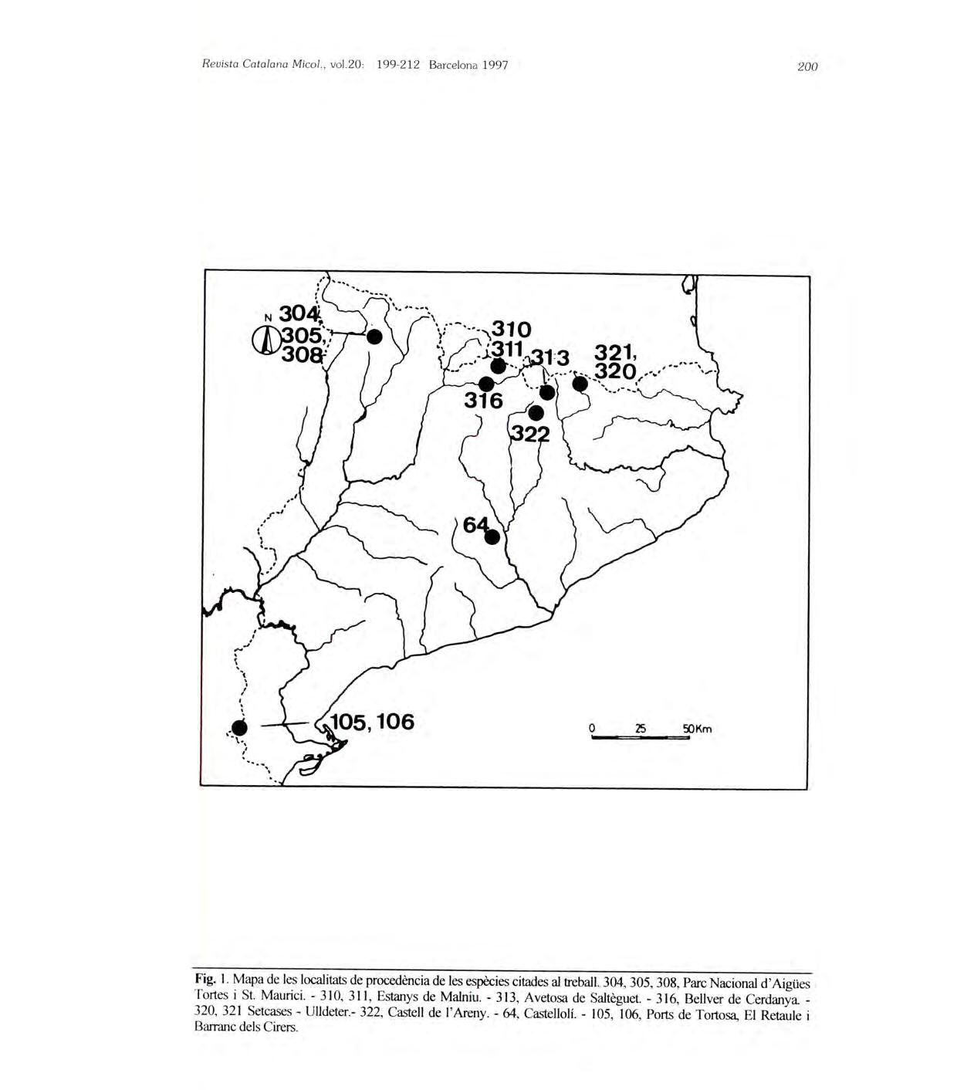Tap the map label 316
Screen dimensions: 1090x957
coord(483,401)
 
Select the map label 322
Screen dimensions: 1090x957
coord(529,435)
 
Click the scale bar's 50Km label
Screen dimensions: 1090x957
coord(697,729)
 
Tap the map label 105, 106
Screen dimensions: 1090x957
coord(373,722)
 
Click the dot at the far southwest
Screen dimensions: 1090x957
coord(239,727)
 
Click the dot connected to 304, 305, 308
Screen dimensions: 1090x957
coord(374,337)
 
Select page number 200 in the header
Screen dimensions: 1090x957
coord(807,66)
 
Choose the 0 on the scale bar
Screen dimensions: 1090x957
coord(591,728)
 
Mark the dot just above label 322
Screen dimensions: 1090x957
coord(536,413)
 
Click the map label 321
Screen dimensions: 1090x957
coord(614,354)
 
